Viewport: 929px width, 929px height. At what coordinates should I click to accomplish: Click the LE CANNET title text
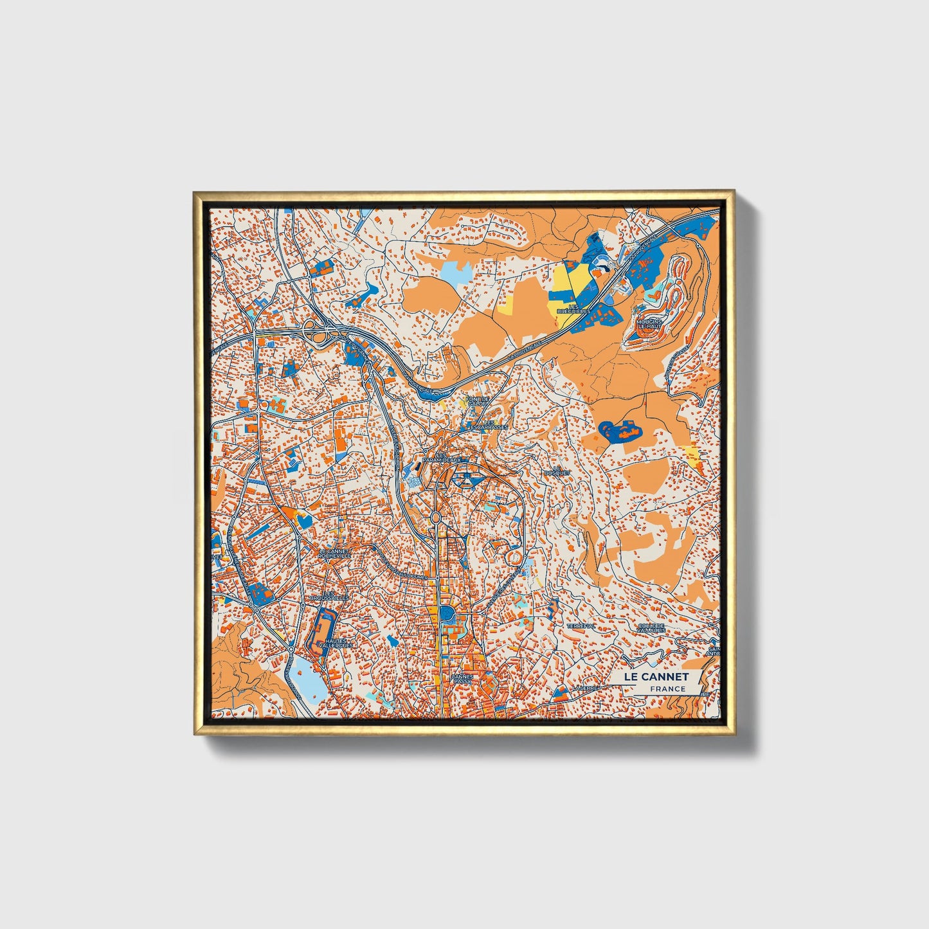click(656, 676)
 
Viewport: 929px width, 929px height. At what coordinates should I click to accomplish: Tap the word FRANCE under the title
click(667, 689)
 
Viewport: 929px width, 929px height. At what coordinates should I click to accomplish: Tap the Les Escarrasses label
click(491, 424)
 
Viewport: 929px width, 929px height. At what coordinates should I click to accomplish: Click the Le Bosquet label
click(557, 470)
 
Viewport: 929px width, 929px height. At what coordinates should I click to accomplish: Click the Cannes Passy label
click(462, 679)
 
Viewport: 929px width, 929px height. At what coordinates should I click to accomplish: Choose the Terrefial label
click(581, 626)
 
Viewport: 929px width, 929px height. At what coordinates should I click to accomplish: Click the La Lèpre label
click(588, 687)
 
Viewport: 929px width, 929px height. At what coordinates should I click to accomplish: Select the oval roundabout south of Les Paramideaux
click(435, 518)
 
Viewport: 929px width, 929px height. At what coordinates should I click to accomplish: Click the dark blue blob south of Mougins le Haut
click(619, 431)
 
